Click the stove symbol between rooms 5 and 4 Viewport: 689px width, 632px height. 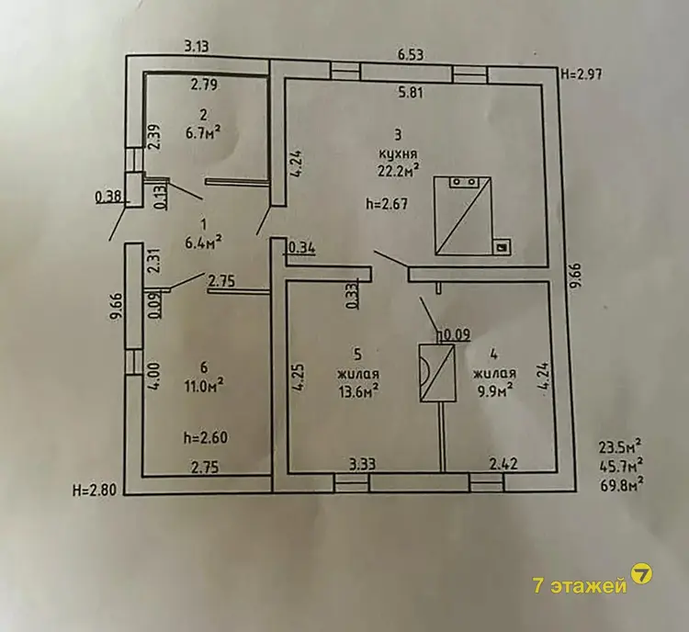click(438, 374)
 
